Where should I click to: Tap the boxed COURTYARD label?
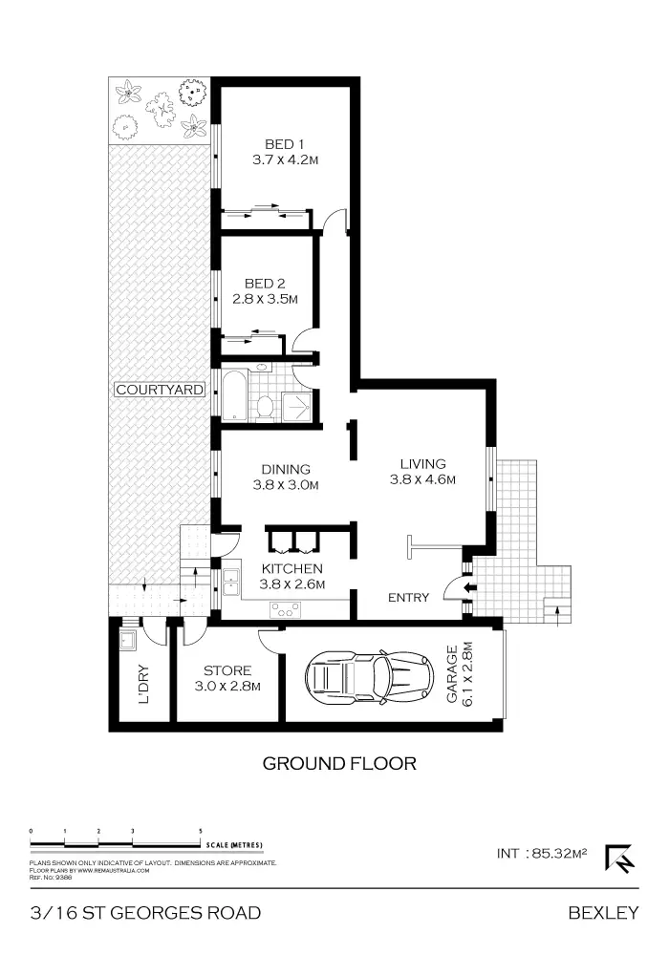(x=160, y=390)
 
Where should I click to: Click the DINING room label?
(x=285, y=469)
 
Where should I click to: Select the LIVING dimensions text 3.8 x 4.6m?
(x=421, y=480)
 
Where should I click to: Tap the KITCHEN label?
(x=292, y=569)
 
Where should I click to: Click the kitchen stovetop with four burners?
(x=285, y=609)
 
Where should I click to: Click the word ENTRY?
(x=408, y=598)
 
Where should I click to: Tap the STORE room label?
(x=227, y=670)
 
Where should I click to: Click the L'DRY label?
(x=143, y=690)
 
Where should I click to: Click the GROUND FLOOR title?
(x=339, y=763)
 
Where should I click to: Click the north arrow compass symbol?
(x=620, y=858)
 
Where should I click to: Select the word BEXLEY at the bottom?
(x=602, y=913)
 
